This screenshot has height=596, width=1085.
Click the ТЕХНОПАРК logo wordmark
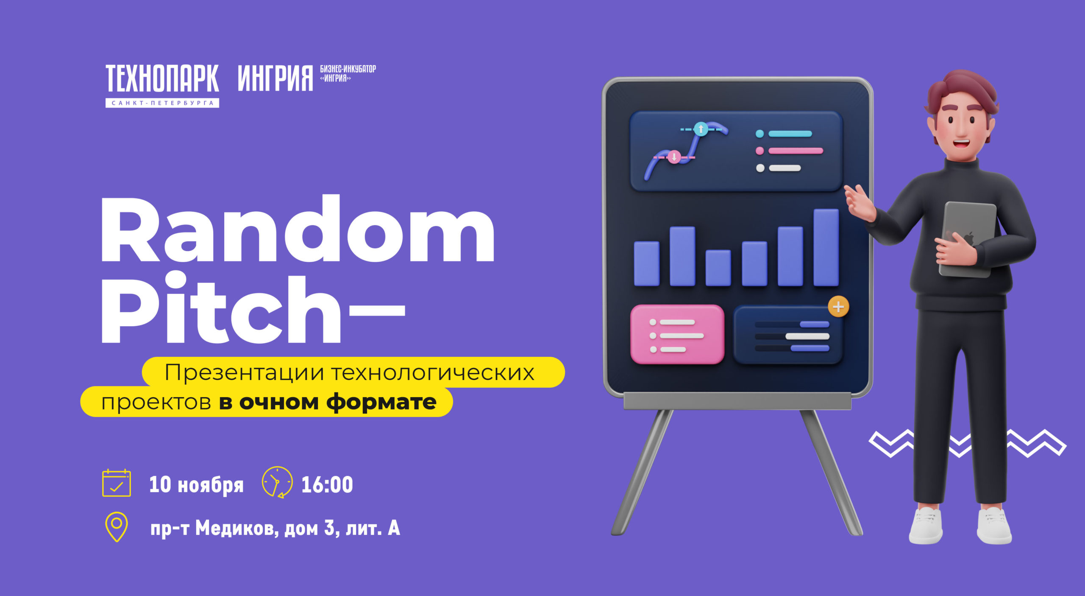click(162, 78)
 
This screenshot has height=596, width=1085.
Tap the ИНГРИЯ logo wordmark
click(275, 78)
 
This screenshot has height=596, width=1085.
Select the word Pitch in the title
click(220, 308)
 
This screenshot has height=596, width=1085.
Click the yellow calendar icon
click(117, 483)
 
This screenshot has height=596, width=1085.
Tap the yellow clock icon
click(277, 482)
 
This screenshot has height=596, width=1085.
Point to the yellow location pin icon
click(117, 527)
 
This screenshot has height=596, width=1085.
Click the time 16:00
click(327, 484)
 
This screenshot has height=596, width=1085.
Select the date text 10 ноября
click(196, 485)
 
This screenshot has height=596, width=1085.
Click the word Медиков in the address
click(237, 529)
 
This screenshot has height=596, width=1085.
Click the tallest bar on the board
click(826, 247)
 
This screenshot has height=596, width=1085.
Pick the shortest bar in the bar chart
click(718, 268)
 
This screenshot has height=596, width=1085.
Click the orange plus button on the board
click(838, 307)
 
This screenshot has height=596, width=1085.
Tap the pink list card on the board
click(677, 334)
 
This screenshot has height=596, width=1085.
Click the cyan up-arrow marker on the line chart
click(701, 129)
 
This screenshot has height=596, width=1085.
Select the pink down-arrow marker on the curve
click(674, 157)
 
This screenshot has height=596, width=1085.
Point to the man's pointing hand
click(860, 203)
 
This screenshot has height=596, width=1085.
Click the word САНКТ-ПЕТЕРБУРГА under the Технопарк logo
click(162, 103)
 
